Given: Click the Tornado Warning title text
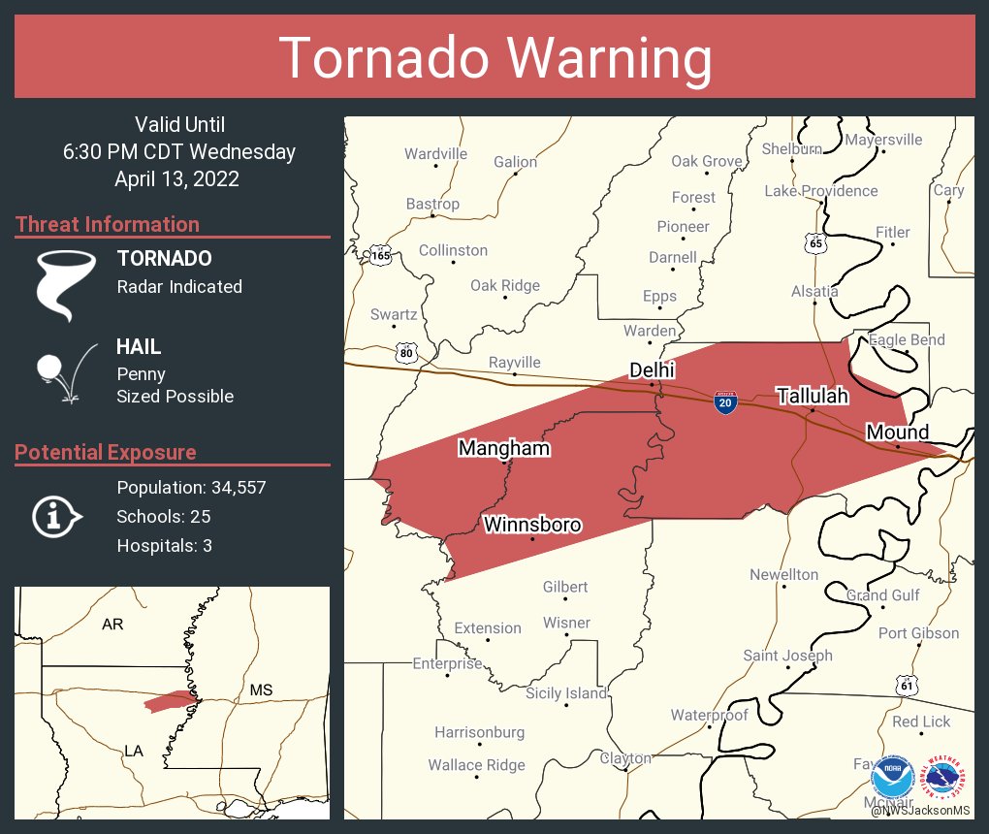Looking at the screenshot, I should (495, 57).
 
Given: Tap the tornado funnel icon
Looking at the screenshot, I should (66, 284).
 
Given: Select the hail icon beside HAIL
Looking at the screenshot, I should (64, 372).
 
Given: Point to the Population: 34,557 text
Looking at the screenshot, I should (191, 487).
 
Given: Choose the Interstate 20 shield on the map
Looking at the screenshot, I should (724, 401).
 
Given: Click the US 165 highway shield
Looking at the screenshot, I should (380, 256).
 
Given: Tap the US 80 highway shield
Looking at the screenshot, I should (407, 353).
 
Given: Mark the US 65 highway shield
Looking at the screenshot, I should (815, 244).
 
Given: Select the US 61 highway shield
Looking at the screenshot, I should (907, 686).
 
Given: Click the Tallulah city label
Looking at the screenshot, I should (812, 396).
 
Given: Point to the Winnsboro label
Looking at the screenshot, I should (532, 525).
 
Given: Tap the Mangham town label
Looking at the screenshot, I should (503, 448).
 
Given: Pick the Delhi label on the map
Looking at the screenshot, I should (652, 370).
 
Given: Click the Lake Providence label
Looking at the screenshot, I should (820, 191).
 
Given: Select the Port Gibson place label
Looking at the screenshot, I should (918, 633).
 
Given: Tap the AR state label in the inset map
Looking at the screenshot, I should (112, 624).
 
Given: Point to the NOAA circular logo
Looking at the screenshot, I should (892, 777).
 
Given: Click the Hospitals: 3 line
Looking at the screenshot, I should (164, 545).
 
